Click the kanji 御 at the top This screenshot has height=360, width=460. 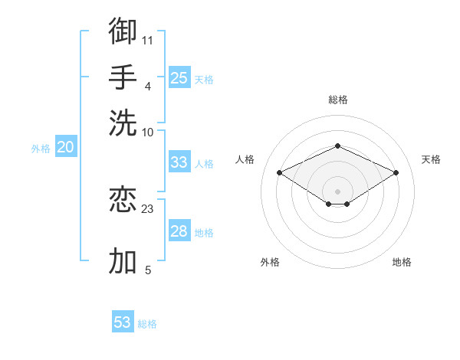(x=123, y=31)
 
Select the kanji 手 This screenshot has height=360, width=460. (x=123, y=77)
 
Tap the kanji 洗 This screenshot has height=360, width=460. (x=123, y=123)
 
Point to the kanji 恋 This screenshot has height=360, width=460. (x=123, y=199)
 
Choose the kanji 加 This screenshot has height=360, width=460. (x=123, y=260)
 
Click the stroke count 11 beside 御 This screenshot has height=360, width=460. (x=147, y=41)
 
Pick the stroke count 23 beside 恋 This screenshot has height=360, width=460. (x=147, y=209)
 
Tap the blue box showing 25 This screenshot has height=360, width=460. (x=179, y=77)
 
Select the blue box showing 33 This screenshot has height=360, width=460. (x=179, y=162)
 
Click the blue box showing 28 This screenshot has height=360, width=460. (x=179, y=230)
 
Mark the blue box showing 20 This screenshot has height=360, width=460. (x=66, y=146)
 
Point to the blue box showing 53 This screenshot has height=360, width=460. (x=123, y=321)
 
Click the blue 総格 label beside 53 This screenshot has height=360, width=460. (x=147, y=324)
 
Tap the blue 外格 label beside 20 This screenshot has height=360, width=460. (x=41, y=149)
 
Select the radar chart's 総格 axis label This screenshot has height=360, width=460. (x=338, y=100)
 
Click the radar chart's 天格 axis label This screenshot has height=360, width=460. (x=431, y=159)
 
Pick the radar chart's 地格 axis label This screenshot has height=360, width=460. (x=402, y=262)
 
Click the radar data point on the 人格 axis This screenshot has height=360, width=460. (x=280, y=172)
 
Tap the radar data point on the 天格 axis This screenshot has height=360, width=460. (x=396, y=172)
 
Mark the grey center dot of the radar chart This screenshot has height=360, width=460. (x=337, y=191)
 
